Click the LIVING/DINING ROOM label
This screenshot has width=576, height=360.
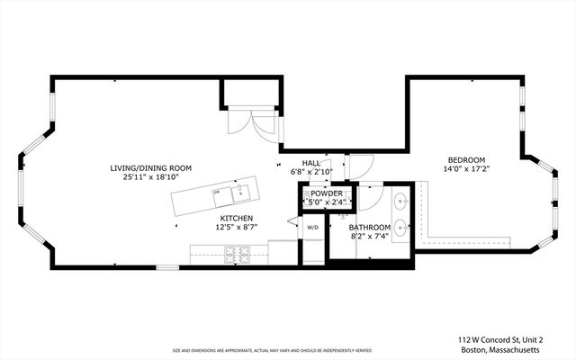tap(150, 168)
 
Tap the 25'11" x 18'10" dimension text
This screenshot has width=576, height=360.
tap(150, 178)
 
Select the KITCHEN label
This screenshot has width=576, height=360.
tap(237, 219)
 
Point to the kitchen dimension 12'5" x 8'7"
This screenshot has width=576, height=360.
tap(237, 229)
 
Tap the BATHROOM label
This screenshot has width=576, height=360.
tap(370, 228)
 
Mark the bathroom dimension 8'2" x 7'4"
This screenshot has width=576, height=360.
tap(370, 238)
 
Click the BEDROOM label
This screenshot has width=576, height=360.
tap(465, 159)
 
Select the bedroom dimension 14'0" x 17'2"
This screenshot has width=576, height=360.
tap(465, 169)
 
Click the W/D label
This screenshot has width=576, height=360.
tap(312, 229)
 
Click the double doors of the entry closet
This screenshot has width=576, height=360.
tap(251, 125)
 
